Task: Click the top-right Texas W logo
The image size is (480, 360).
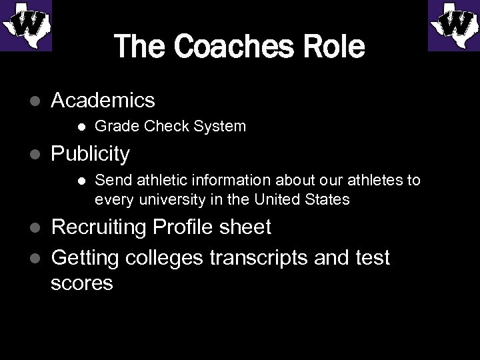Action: coord(454,25)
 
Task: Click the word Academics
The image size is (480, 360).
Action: coord(103,101)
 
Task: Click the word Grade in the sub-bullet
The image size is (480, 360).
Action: coord(114,125)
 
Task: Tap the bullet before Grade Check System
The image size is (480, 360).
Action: coord(81,126)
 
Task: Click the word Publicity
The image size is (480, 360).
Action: coord(90,154)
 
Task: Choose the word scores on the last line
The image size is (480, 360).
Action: coord(81,283)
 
